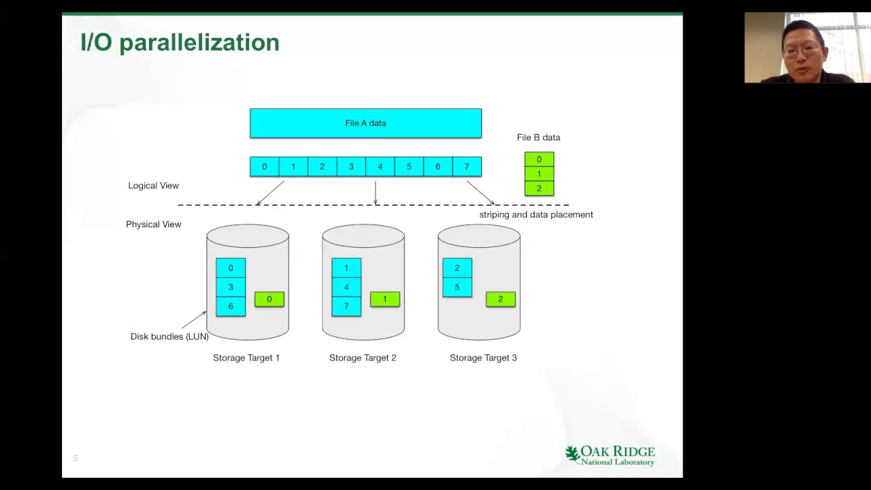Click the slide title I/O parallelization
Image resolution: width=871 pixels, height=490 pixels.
pyautogui.click(x=180, y=42)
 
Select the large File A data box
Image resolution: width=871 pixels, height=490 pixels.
pyautogui.click(x=365, y=123)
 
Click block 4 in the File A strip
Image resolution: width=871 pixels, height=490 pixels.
pyautogui.click(x=380, y=167)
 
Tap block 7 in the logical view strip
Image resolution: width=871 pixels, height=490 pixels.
pyautogui.click(x=466, y=167)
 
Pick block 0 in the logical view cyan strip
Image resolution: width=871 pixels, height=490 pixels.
pyautogui.click(x=265, y=167)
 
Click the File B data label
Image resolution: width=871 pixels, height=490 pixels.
pyautogui.click(x=538, y=137)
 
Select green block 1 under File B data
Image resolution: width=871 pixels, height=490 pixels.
pyautogui.click(x=539, y=174)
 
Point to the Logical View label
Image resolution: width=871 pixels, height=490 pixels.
pyautogui.click(x=153, y=186)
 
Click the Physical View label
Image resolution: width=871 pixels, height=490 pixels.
pyautogui.click(x=153, y=225)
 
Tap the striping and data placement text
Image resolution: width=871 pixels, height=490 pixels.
pyautogui.click(x=536, y=214)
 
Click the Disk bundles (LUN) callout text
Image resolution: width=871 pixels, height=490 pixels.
pyautogui.click(x=169, y=336)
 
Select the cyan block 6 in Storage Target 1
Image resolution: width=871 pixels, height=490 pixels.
pyautogui.click(x=231, y=306)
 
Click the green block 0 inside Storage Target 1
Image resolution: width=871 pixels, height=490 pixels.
pyautogui.click(x=269, y=299)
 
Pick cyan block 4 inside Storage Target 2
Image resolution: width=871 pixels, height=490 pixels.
pyautogui.click(x=346, y=287)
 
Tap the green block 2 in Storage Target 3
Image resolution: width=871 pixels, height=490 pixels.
pyautogui.click(x=501, y=299)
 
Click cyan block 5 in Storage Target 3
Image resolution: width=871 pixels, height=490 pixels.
pyautogui.click(x=457, y=287)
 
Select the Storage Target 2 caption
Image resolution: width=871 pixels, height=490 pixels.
pyautogui.click(x=363, y=358)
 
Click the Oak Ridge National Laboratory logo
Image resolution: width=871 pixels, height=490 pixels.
pyautogui.click(x=610, y=455)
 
